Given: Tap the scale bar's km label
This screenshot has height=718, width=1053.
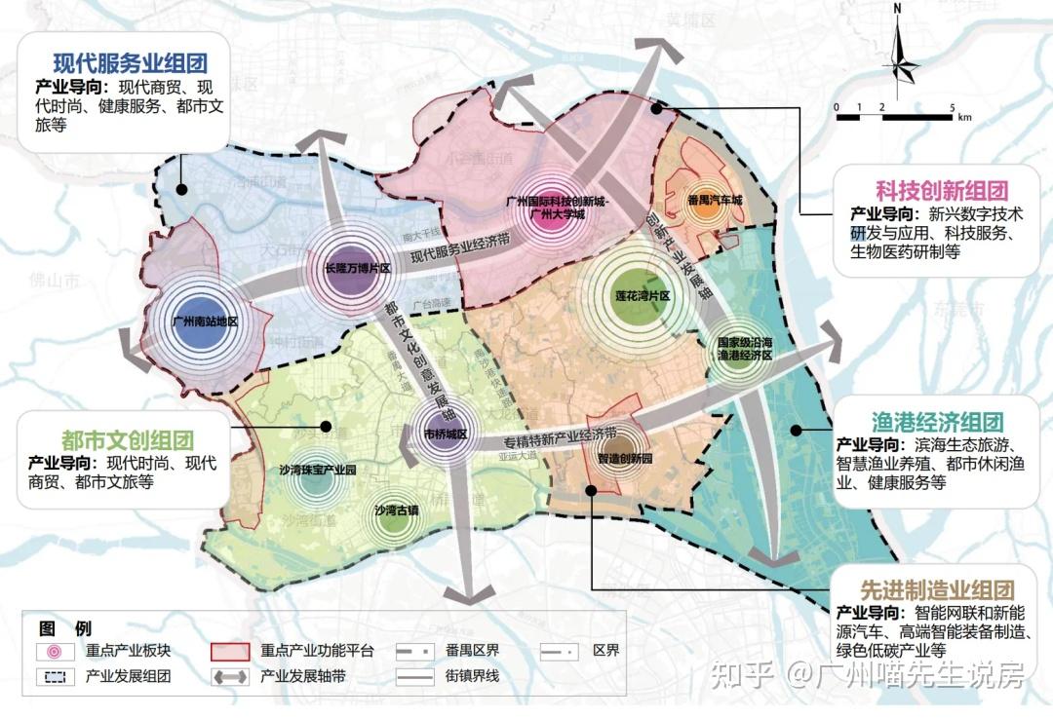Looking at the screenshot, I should pos(964,116).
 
